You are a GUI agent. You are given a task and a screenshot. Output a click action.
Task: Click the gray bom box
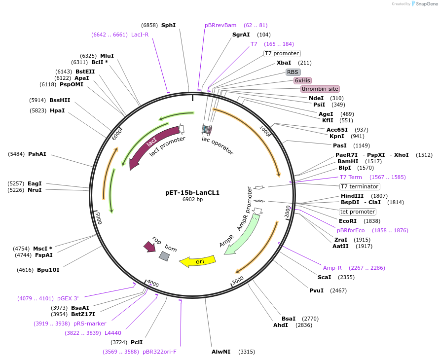click(164, 255)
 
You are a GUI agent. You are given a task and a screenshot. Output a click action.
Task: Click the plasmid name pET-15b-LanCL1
click(192, 193)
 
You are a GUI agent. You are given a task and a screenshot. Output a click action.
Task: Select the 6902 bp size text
click(192, 200)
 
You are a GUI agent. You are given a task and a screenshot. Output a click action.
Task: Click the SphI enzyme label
click(168, 25)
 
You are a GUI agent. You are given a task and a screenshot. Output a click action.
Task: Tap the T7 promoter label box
click(282, 53)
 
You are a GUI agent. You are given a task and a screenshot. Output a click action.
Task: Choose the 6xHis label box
click(302, 80)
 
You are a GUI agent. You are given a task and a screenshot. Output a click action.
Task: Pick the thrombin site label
click(320, 89)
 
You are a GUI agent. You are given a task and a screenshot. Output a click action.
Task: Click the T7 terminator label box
click(360, 186)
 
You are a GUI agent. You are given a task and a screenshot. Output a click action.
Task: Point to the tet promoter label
click(358, 212)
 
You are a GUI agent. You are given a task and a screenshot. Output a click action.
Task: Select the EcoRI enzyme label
click(348, 221)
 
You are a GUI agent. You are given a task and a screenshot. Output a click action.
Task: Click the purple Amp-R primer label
click(332, 268)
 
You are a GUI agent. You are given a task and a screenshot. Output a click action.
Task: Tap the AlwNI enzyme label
click(221, 352)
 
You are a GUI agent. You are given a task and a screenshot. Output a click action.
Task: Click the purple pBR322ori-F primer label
click(159, 352)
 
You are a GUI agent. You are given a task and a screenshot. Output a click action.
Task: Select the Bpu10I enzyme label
click(48, 270)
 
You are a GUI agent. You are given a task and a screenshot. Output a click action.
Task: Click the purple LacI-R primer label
click(140, 35)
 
